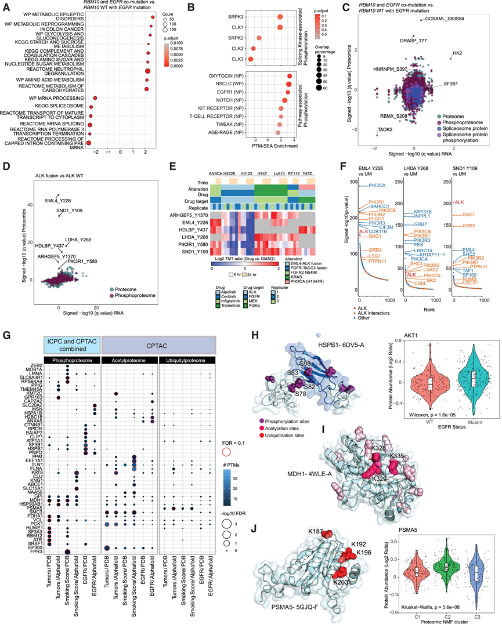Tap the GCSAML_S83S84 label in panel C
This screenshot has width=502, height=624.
coord(445,19)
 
